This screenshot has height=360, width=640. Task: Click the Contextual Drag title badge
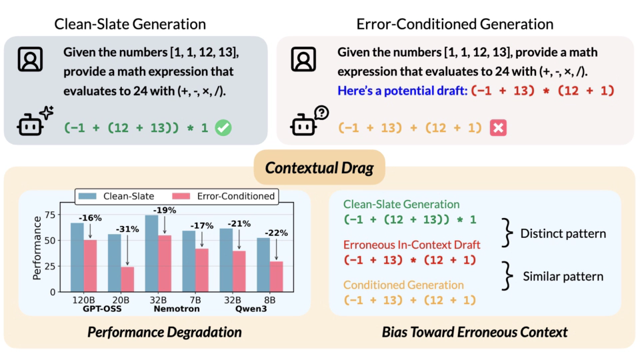[x=319, y=167]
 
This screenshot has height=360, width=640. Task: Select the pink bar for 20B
[x=127, y=279]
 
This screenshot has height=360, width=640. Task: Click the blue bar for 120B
[x=77, y=257]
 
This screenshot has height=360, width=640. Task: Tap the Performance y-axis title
[x=37, y=253]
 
